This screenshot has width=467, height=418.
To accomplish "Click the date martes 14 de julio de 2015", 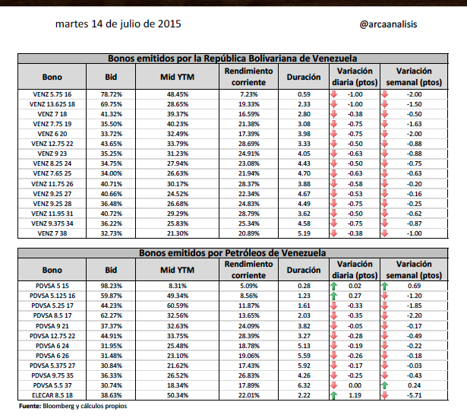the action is tap(118, 24).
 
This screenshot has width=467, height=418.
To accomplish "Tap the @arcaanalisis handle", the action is tap(388, 24).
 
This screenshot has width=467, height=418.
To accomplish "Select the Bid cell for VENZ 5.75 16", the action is tap(111, 94).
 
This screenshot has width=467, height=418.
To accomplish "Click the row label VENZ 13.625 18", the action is tap(52, 104).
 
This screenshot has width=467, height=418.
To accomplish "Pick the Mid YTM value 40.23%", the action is tap(178, 124).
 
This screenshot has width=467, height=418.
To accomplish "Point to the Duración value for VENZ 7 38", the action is tap(304, 233).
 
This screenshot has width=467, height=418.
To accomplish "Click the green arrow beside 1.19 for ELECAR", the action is tap(334, 395).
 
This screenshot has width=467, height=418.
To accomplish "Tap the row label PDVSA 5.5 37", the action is tap(52, 385).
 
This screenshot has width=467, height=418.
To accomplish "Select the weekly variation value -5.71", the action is tap(414, 395).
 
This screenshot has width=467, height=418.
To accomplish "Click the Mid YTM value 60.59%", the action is tap(178, 306).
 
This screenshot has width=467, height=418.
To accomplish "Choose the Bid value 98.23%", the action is tap(111, 286).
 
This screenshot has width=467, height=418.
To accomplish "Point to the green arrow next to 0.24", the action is tap(385, 385).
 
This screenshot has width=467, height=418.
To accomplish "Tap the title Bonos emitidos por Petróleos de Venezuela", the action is tap(232, 253).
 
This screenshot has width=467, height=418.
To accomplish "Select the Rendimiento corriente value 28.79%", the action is tap(249, 214).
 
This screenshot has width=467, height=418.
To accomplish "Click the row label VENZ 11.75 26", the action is tap(52, 184).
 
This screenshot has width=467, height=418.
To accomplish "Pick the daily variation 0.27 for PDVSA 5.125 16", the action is tap(355, 296).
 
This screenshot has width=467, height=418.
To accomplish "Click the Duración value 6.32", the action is tap(304, 385).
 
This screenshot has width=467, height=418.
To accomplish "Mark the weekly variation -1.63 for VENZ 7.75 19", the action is tap(414, 124).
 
